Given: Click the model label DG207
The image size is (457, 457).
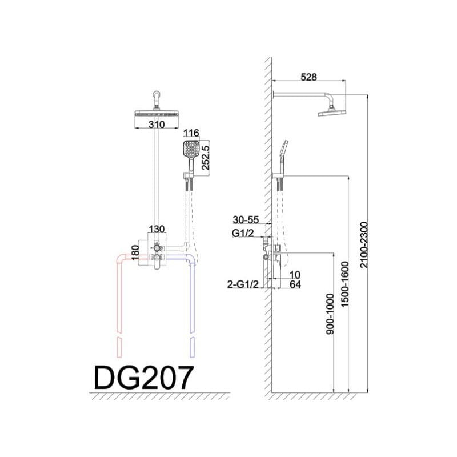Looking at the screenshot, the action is coord(144,378).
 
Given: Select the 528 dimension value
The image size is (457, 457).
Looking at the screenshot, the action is coord(308,77).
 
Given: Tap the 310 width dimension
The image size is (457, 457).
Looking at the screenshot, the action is coord(157,125).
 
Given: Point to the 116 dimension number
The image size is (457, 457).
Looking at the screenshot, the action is coord(191,133).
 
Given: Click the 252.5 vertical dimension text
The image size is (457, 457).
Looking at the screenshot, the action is coord(206,158).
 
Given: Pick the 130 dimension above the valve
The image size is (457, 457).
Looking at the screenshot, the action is coord(157,229).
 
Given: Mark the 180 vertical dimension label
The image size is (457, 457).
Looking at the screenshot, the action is coord(135,253).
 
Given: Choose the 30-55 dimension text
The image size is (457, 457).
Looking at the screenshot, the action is coord(246,220).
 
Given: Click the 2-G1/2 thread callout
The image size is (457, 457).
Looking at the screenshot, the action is coord(243,284).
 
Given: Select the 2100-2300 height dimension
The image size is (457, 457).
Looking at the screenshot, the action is coord(364,245).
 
